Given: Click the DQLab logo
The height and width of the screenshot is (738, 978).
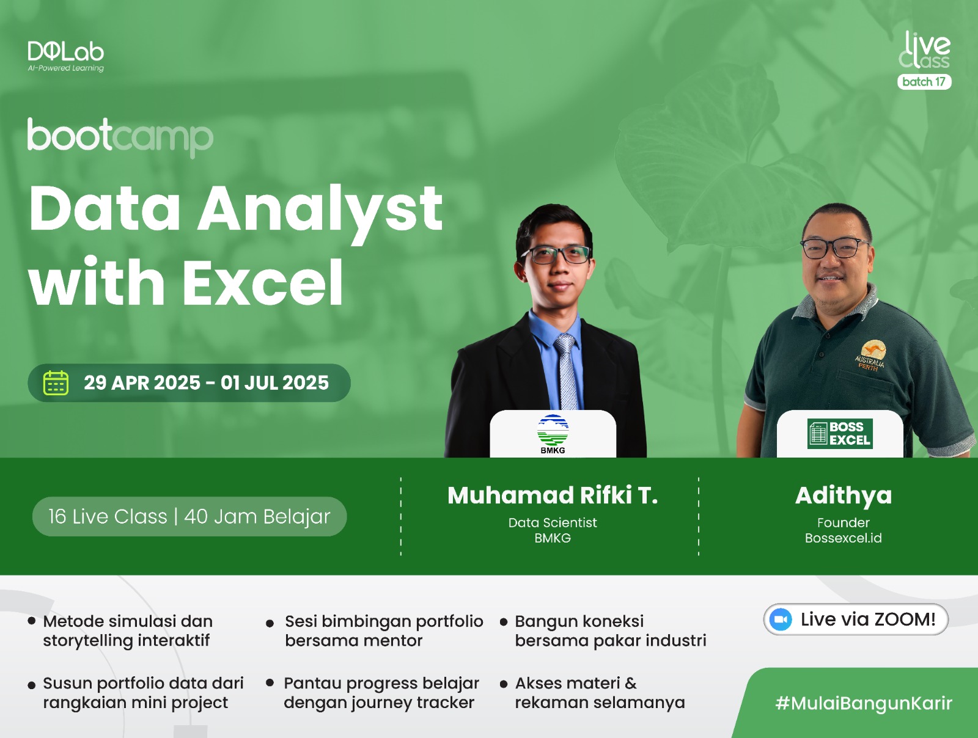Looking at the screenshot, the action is [x=65, y=56].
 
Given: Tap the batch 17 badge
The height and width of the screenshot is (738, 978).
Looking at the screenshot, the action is [x=924, y=82].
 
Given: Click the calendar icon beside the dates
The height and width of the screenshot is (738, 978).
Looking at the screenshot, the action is [x=56, y=383].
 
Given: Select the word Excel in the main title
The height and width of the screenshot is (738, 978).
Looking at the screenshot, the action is [x=262, y=282].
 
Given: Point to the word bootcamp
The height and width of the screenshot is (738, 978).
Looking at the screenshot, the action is [x=120, y=137].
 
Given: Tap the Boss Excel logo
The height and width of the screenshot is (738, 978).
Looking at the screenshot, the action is [x=840, y=434].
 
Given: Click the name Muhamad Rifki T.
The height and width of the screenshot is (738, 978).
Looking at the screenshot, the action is [x=553, y=495].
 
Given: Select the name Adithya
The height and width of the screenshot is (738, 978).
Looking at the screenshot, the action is [x=844, y=496].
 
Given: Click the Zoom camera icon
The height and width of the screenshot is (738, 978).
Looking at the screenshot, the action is [x=780, y=619].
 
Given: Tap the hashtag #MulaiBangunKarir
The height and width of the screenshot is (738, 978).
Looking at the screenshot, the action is [x=864, y=703].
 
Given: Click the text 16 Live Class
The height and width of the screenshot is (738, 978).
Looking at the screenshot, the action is [x=108, y=517].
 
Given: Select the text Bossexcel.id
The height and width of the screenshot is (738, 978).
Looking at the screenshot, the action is [x=844, y=538].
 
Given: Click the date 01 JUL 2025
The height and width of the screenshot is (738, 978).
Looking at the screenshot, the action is [x=274, y=383].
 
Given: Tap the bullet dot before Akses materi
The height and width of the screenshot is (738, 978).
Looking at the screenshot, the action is [x=504, y=684].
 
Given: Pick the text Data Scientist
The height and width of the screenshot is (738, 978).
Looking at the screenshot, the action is [x=553, y=522].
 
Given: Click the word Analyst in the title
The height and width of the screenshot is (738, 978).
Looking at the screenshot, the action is [x=320, y=209].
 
